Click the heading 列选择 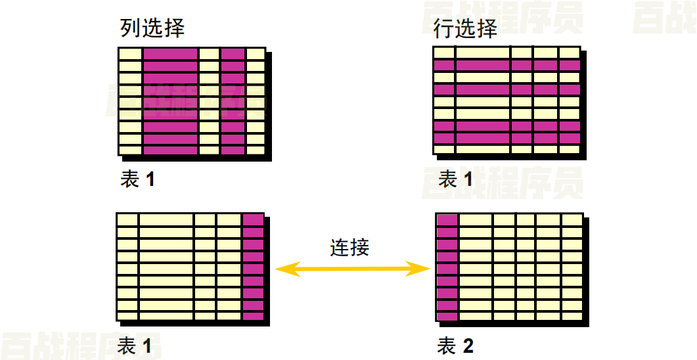[x=152, y=28]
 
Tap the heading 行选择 [x=465, y=28]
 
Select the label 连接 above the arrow [x=349, y=247]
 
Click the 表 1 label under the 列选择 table [x=137, y=179]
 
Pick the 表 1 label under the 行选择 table [x=455, y=179]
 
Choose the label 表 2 [x=455, y=346]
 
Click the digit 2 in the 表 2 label [x=468, y=346]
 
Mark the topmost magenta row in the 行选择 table [x=506, y=65]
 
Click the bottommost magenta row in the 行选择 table [x=506, y=138]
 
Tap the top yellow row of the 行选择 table [x=506, y=53]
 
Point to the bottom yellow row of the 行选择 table [x=506, y=150]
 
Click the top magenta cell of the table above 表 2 [x=447, y=220]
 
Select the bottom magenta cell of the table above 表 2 [x=447, y=316]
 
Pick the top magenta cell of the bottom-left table [x=253, y=220]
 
